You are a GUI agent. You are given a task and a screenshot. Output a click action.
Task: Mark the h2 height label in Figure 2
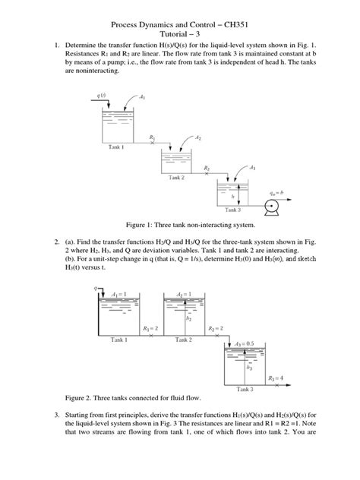188,319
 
